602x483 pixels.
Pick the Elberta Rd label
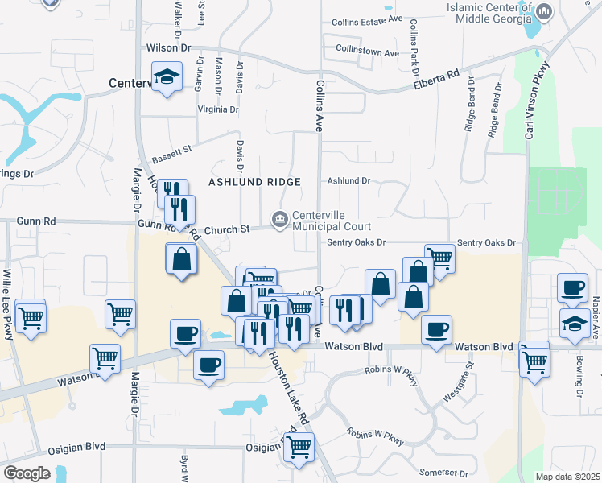435,78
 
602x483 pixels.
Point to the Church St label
226,230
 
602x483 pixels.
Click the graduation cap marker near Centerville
167,78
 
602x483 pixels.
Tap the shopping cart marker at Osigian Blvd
299,446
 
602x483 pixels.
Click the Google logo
27,473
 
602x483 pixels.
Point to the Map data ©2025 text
567,477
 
